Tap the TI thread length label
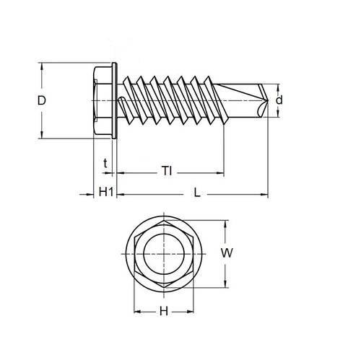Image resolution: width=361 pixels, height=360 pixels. [x=167, y=172]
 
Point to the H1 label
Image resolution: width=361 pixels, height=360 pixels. [x=105, y=193]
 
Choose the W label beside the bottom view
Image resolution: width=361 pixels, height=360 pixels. [x=227, y=253]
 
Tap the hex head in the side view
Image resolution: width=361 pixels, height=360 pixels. [x=103, y=101]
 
